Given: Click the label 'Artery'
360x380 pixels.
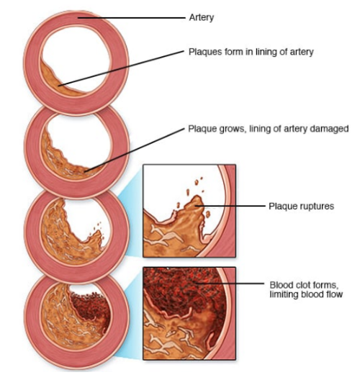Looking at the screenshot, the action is click(x=202, y=18).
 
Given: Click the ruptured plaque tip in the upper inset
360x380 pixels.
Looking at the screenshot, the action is click(x=197, y=202).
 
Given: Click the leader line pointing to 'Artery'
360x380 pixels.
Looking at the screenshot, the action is click(x=131, y=18).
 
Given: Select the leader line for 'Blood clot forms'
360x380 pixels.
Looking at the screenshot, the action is click(x=230, y=283).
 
